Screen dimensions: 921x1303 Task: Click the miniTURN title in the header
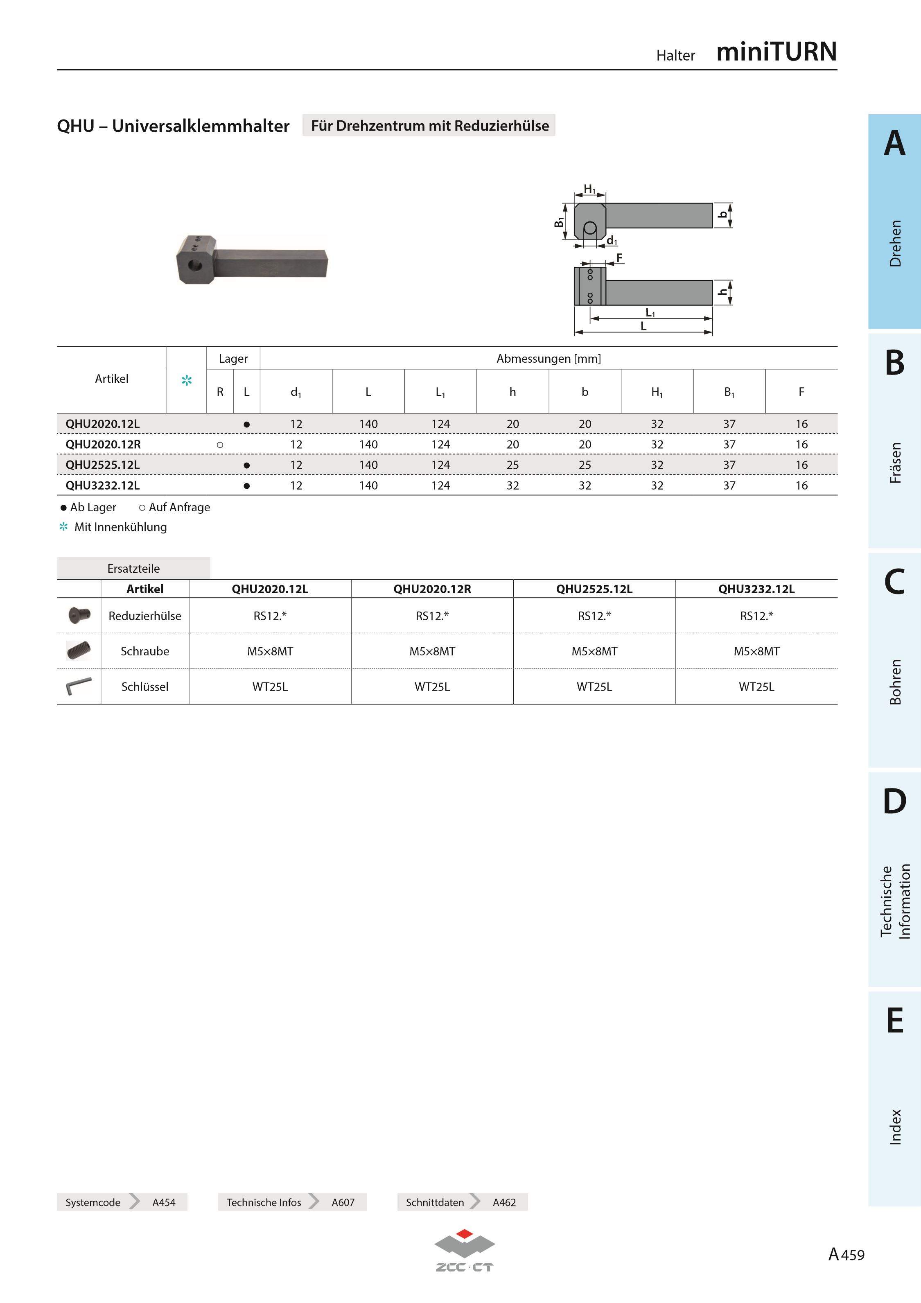tap(776, 52)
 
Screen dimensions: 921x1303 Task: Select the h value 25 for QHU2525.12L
tap(512, 465)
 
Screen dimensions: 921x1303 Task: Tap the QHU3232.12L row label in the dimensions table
tap(103, 485)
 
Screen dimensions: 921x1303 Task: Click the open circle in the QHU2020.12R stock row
tap(220, 445)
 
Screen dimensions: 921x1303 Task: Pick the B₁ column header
tap(729, 392)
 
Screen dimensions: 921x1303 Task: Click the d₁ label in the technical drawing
tap(612, 241)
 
